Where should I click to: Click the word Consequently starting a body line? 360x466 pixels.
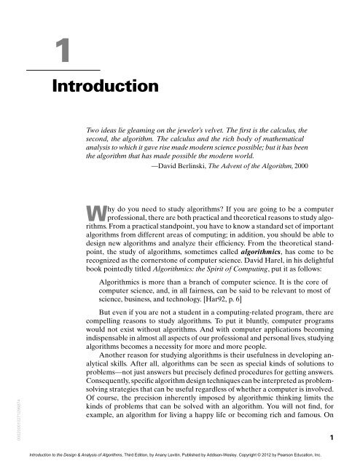coord(107,380)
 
